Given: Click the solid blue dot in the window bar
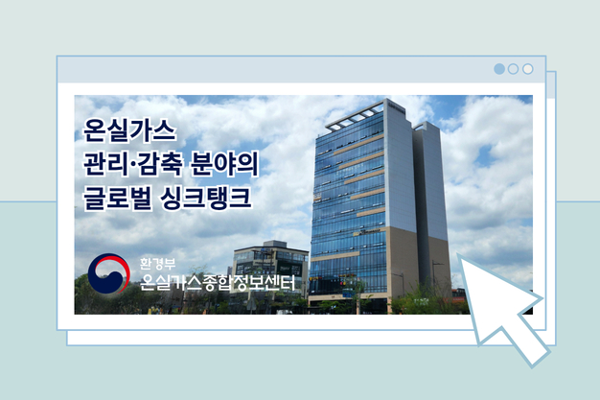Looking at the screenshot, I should tap(498, 69).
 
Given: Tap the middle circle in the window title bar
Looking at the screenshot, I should tap(513, 69).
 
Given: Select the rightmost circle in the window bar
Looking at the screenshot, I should tap(527, 69).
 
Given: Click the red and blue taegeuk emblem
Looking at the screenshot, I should tap(108, 273).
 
